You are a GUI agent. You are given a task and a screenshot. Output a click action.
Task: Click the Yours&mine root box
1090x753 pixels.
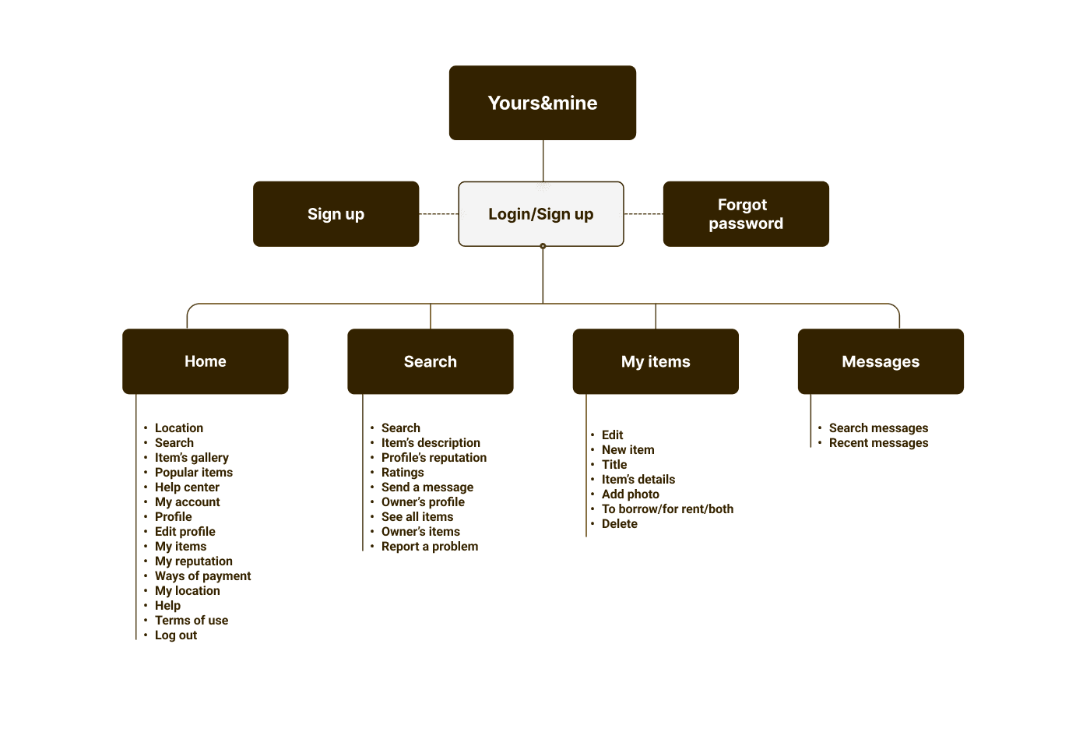542,103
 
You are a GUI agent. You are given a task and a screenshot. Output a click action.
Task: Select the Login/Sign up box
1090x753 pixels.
540,214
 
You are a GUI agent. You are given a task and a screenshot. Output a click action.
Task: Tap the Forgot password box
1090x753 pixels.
746,214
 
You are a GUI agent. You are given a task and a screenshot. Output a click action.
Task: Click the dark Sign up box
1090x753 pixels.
336,214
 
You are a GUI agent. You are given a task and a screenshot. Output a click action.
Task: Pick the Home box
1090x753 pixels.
206,361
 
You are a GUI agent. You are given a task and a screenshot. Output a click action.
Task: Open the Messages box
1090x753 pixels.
881,361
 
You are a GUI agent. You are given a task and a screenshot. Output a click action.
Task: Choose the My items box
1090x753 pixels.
656,361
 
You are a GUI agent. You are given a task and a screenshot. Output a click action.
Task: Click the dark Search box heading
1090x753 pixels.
430,361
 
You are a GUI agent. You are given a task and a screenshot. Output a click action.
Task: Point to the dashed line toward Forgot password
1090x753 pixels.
643,213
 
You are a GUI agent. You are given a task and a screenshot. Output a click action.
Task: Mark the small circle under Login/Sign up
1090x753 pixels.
543,246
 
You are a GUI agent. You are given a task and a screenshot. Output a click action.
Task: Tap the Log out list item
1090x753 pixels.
176,635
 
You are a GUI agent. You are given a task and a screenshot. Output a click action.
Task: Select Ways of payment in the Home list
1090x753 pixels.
203,575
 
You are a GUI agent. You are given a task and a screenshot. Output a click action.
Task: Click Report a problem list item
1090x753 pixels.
430,547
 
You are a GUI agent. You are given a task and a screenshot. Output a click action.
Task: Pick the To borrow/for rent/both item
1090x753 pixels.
668,509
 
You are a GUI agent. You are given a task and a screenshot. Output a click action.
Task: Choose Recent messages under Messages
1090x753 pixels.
878,443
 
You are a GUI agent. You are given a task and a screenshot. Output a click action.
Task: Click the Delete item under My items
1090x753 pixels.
620,524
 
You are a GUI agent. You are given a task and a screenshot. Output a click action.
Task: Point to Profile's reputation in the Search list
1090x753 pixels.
434,458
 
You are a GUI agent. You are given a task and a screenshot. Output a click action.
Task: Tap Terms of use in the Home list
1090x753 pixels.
192,620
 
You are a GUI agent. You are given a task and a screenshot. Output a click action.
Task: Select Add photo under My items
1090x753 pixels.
631,494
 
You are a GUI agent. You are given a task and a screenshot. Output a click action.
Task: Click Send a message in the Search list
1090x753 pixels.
427,487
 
